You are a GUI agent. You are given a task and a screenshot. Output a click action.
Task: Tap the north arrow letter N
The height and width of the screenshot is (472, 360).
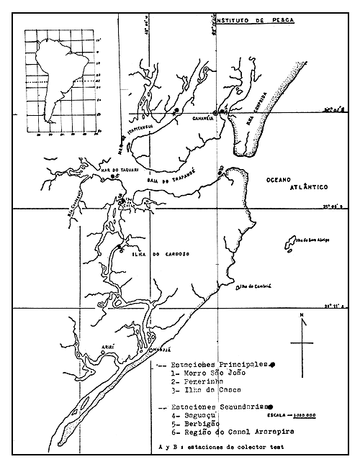tap(305, 316)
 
